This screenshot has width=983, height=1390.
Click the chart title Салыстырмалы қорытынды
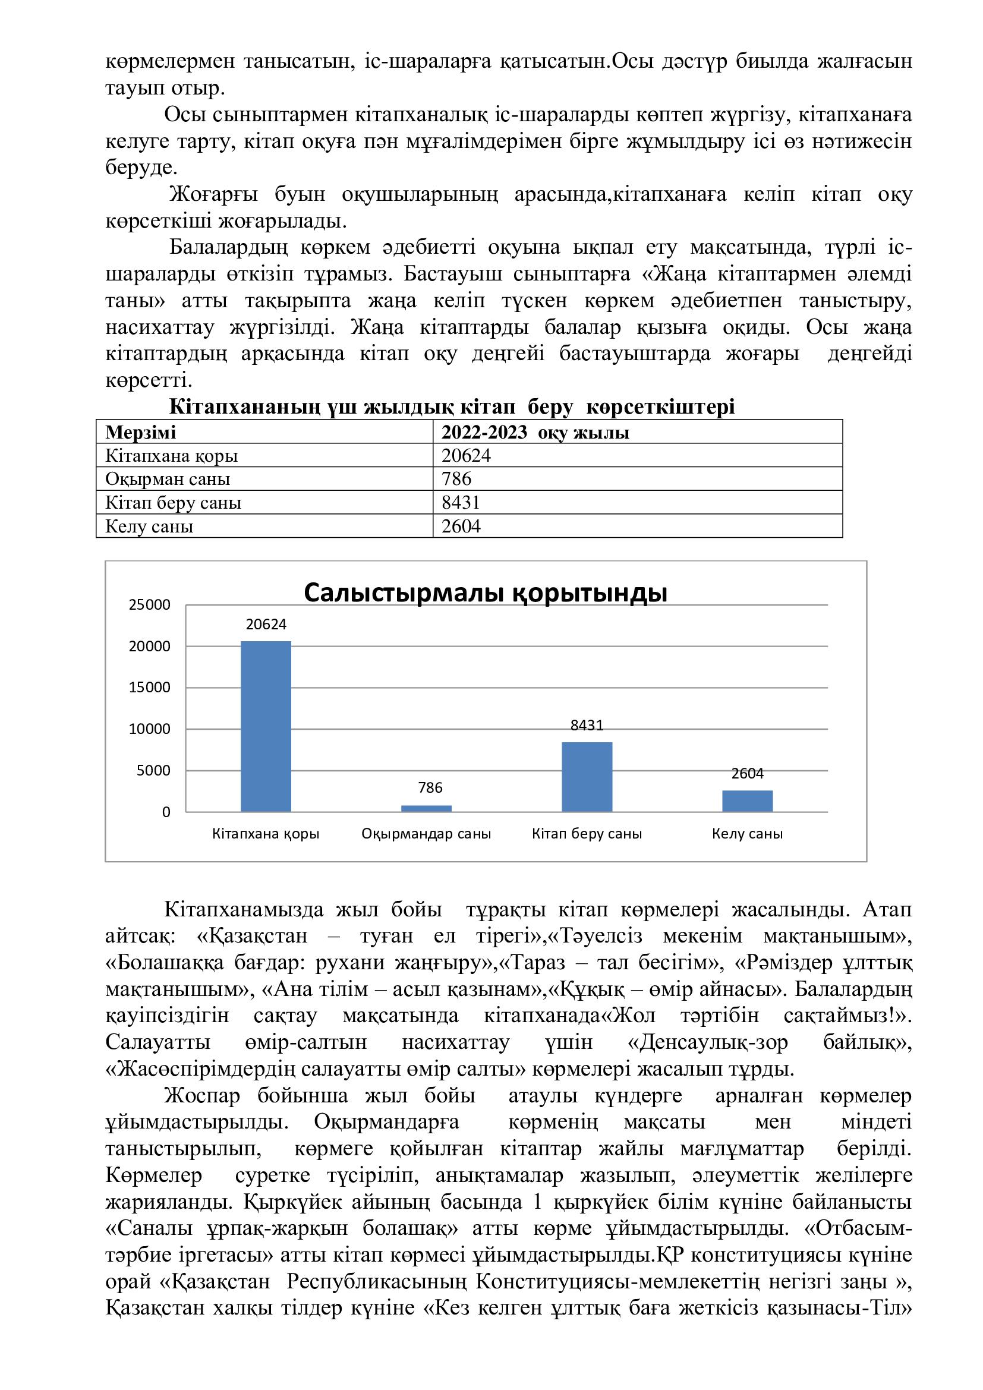tap(485, 593)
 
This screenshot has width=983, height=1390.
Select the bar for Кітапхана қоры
tap(266, 726)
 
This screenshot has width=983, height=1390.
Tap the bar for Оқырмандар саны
tap(426, 808)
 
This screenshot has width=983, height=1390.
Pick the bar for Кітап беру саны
tap(587, 776)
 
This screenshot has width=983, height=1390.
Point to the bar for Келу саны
tap(747, 800)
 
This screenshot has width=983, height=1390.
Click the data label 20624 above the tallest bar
tap(266, 625)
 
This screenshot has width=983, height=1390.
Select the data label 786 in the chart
tap(430, 787)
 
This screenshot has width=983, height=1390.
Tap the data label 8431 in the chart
tap(587, 725)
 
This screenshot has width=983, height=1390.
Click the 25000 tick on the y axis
tap(150, 605)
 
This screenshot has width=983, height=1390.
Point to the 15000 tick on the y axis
tap(150, 688)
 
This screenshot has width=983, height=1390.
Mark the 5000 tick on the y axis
tap(154, 771)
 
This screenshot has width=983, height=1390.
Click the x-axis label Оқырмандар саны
tap(426, 834)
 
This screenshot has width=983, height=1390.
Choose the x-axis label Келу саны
tap(747, 834)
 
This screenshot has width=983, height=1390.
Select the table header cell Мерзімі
tap(140, 432)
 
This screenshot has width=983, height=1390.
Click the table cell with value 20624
tap(466, 455)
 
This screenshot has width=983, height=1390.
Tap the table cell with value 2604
tap(461, 526)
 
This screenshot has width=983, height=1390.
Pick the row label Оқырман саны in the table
tap(168, 479)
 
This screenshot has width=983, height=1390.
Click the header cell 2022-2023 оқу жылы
tap(535, 432)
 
